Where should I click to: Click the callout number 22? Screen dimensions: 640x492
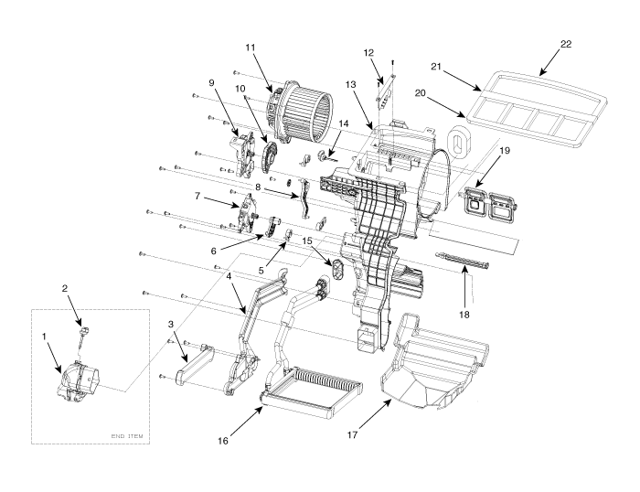(x=566, y=44)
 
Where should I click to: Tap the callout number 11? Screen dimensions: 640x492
(x=251, y=48)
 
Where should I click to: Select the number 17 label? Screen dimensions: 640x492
(x=352, y=434)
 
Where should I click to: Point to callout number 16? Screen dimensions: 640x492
(x=223, y=441)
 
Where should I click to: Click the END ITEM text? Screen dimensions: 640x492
(x=127, y=436)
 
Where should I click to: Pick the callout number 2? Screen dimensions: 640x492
(x=65, y=288)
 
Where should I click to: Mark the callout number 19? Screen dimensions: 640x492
(x=505, y=150)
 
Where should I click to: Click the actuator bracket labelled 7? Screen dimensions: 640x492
(x=248, y=214)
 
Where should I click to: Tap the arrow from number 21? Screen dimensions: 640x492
(x=462, y=81)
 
